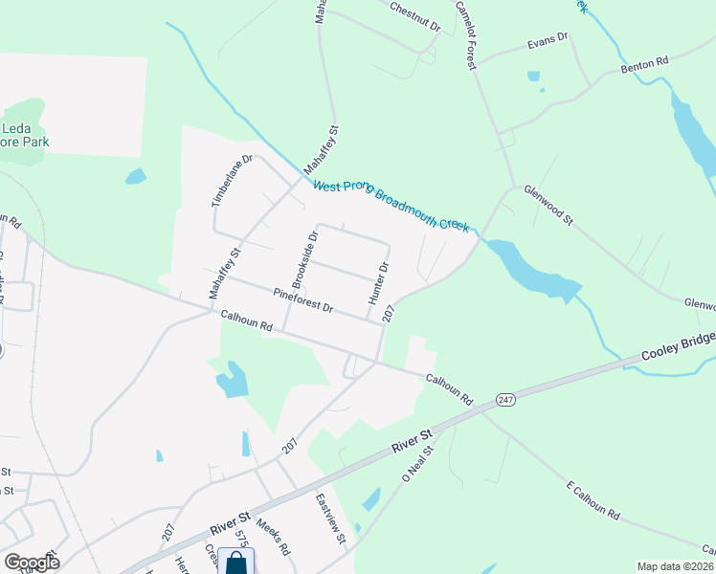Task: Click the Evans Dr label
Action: (x=548, y=42)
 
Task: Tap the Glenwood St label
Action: (x=548, y=206)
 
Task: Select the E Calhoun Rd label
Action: (x=593, y=501)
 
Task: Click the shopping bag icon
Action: (x=235, y=563)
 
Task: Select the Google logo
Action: (x=32, y=563)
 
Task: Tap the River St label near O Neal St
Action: (x=414, y=441)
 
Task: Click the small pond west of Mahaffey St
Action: (x=136, y=176)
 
